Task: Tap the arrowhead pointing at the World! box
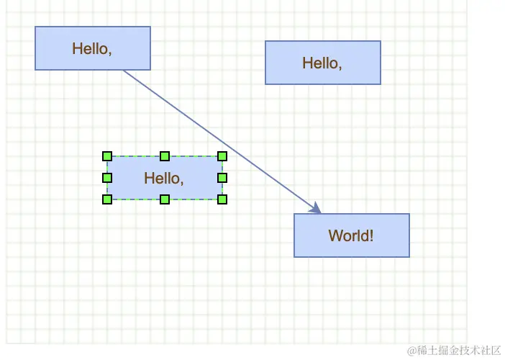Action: tap(316, 209)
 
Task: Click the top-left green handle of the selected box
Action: tap(107, 156)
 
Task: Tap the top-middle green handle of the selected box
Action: tap(165, 156)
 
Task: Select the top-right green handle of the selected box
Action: tap(222, 156)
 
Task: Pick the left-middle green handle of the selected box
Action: tap(107, 178)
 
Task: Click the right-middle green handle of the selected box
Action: tap(222, 178)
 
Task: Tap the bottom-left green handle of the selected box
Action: tap(107, 199)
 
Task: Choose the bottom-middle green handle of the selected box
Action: tap(165, 199)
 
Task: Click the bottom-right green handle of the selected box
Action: tap(222, 199)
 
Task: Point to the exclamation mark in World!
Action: tap(371, 235)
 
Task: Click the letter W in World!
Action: tap(335, 235)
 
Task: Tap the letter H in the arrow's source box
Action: tap(77, 48)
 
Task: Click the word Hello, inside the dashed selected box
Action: tap(164, 178)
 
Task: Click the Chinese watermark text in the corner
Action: tap(460, 351)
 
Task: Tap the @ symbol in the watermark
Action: tap(412, 351)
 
